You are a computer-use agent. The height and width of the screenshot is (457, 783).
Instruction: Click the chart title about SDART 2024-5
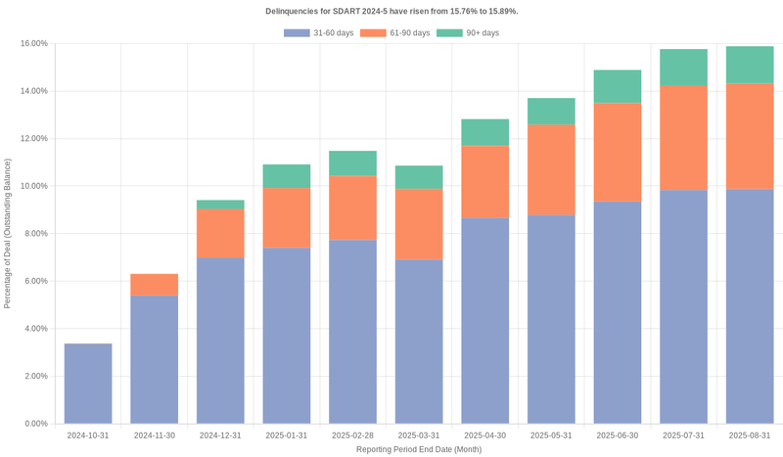pyautogui.click(x=391, y=11)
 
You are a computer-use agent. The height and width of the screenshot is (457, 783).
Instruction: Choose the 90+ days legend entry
pyautogui.click(x=477, y=33)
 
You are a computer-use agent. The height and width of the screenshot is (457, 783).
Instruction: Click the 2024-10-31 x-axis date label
pyautogui.click(x=88, y=435)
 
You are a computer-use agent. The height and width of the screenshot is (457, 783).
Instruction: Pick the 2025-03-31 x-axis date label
pyautogui.click(x=419, y=435)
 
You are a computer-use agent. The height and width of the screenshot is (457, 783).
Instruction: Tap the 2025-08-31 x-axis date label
pyautogui.click(x=750, y=435)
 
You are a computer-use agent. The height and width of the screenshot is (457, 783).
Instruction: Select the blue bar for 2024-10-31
pyautogui.click(x=88, y=384)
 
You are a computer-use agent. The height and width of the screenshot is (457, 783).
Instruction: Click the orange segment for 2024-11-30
pyautogui.click(x=155, y=285)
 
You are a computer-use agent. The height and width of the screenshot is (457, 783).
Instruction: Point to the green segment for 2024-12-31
pyautogui.click(x=220, y=205)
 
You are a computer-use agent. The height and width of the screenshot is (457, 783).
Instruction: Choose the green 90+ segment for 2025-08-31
pyautogui.click(x=750, y=65)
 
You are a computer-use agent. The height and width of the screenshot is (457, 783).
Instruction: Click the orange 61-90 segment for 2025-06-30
pyautogui.click(x=618, y=153)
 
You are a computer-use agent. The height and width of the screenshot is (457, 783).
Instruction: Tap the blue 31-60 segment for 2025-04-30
pyautogui.click(x=485, y=321)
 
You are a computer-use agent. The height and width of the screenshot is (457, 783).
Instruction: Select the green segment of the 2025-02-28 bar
pyautogui.click(x=353, y=163)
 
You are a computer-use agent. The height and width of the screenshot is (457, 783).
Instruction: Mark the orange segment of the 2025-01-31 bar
pyautogui.click(x=287, y=218)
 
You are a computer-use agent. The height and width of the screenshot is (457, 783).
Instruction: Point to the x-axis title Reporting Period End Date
pyautogui.click(x=419, y=449)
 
